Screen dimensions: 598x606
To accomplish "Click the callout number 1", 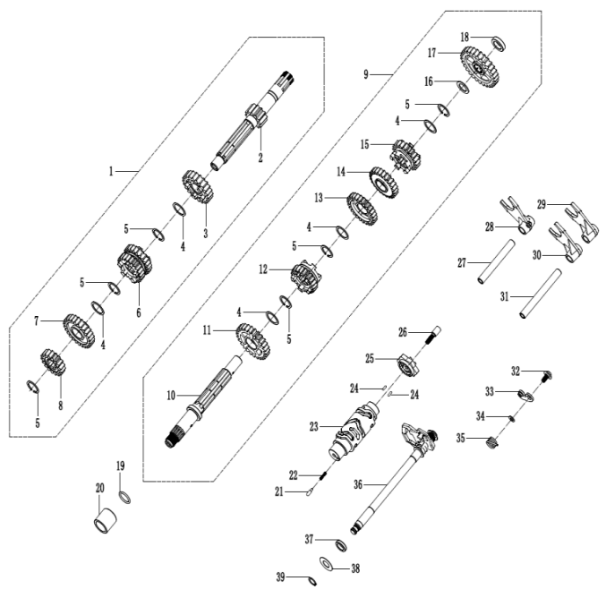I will pos(112,169).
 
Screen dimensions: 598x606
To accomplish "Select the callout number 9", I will pos(366,73).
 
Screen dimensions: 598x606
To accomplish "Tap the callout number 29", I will pos(541,202).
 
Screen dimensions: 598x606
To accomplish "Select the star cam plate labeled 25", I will pos(410,365).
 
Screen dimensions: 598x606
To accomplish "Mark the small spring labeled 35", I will pos(491,442).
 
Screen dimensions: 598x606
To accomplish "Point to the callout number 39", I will pos(280,578).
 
